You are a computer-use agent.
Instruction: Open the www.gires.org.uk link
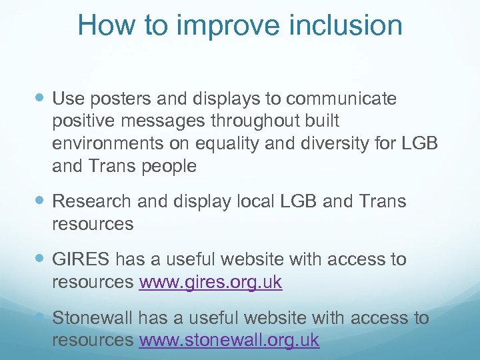(x=211, y=283)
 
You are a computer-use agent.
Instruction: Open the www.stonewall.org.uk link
(x=229, y=341)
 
